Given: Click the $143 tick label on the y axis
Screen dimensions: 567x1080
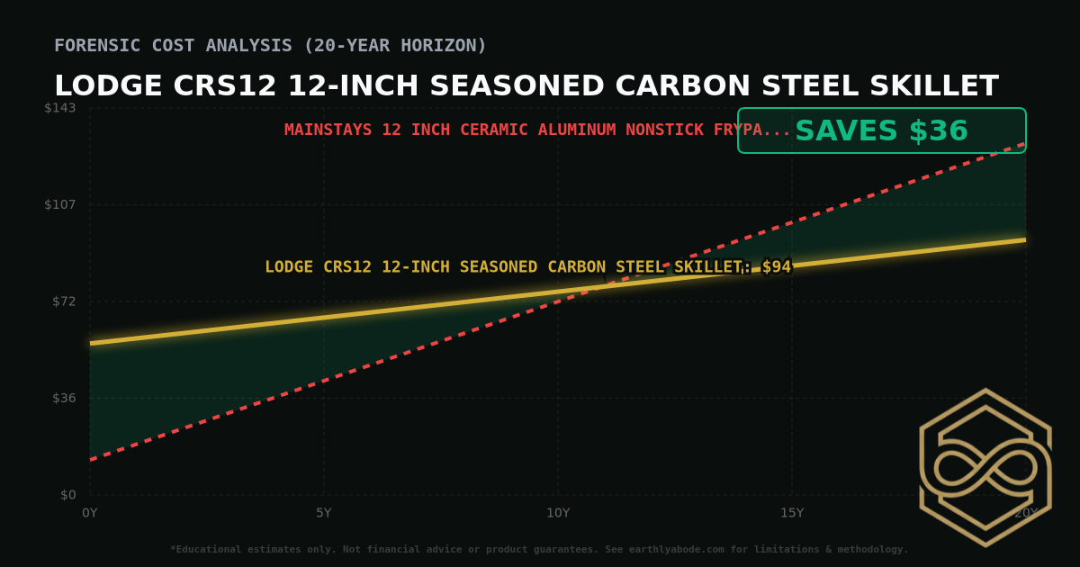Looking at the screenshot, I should click(x=60, y=108).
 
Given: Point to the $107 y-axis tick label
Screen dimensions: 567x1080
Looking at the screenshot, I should click(x=60, y=204).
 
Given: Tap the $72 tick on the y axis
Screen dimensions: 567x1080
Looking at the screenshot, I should click(x=63, y=301).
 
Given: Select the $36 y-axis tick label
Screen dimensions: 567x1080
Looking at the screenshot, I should click(x=63, y=398).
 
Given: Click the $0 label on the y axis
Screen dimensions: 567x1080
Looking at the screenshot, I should click(x=67, y=494).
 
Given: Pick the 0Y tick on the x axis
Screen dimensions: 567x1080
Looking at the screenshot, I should click(x=90, y=513).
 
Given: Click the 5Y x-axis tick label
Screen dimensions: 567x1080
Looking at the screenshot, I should click(x=324, y=513).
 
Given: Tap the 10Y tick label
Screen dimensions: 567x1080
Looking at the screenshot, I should click(x=558, y=513).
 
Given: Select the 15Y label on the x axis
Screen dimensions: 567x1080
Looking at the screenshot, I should click(x=792, y=513).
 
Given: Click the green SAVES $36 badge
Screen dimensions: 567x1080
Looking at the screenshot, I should click(x=881, y=131).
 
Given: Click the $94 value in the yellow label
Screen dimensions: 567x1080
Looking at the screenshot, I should click(x=776, y=267).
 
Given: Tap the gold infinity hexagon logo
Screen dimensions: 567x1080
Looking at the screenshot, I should click(x=985, y=467).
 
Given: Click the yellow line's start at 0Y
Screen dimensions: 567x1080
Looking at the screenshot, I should click(x=91, y=343).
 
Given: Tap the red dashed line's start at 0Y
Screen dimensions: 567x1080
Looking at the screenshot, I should click(x=91, y=460).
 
